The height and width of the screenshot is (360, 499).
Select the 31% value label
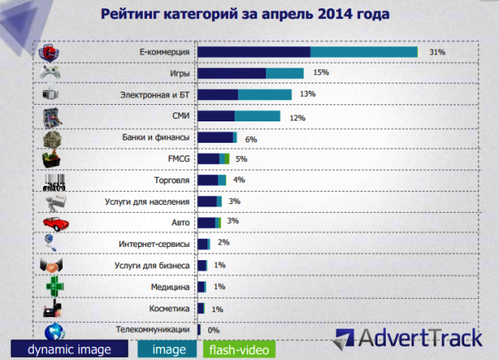tap(437, 51)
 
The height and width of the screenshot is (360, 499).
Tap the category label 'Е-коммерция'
tap(165, 51)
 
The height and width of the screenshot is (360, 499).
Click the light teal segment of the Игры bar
tap(285, 73)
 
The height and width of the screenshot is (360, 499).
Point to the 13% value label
tap(307, 94)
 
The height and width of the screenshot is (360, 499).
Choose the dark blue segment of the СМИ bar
tap(216, 116)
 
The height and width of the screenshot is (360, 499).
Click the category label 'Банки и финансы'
tap(157, 137)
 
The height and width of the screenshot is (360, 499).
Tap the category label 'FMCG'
tap(178, 159)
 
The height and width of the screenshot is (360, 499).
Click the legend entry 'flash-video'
tap(239, 349)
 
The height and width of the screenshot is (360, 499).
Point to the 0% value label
tap(213, 329)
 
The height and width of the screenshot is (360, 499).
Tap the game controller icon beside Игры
tap(52, 73)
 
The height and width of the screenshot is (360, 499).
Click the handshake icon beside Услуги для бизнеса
tap(53, 265)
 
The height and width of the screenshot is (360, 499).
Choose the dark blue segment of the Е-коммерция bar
tap(254, 51)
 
